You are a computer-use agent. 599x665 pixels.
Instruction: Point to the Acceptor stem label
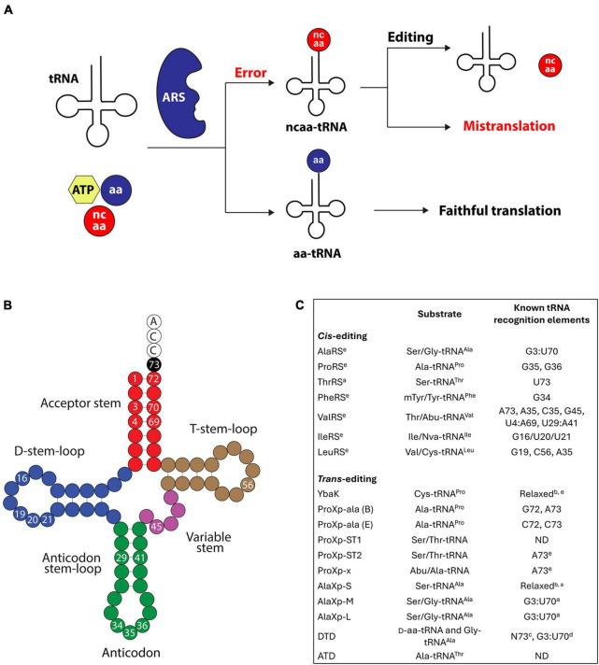click(85, 403)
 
